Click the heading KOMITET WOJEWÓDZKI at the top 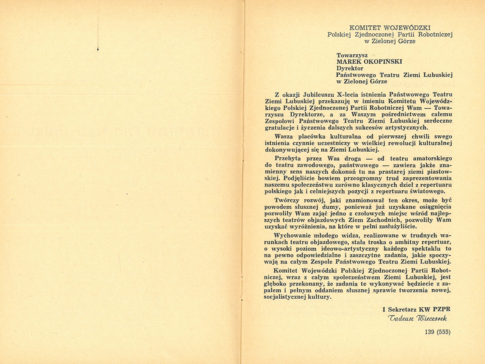coord(390,28)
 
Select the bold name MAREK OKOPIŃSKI coord(369,61)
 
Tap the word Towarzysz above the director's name coord(352,55)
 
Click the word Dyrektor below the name coord(350,68)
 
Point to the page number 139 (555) coord(438,332)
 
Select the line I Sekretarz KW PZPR coord(416,309)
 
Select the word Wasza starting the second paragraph coord(284,136)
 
